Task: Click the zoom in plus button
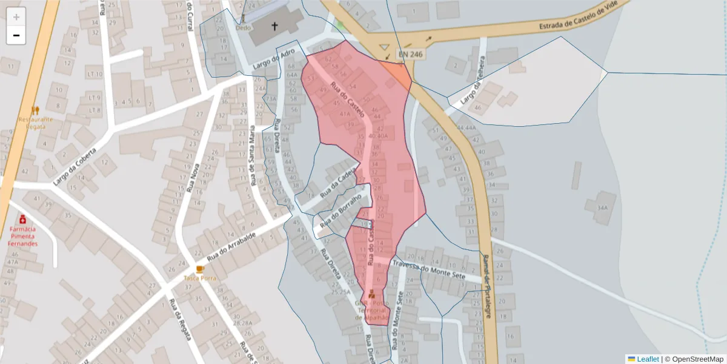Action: tap(16, 17)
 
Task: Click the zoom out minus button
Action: tap(16, 35)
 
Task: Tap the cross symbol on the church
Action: tap(274, 26)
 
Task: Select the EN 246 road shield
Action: tap(410, 55)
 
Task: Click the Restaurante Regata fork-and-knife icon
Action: tap(35, 110)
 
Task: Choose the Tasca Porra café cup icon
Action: tap(200, 269)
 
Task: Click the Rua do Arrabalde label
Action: tap(231, 248)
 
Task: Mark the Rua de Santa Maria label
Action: tap(252, 155)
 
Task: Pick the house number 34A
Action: tap(602, 207)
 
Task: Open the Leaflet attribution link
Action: tap(647, 359)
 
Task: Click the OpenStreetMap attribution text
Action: tap(694, 359)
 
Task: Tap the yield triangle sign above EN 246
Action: tap(383, 47)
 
